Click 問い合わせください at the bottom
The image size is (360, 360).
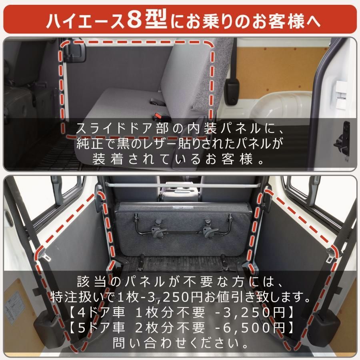pos(180,343)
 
